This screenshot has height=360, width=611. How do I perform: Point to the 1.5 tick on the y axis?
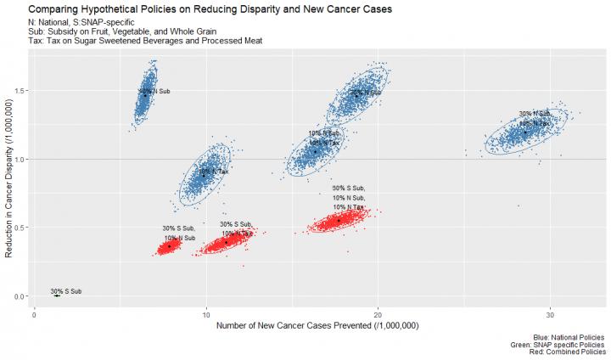(20, 91)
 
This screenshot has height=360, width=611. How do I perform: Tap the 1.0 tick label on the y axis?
(20, 159)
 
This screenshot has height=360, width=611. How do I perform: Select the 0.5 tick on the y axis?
(20, 228)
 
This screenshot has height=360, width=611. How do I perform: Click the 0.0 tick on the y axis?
(20, 296)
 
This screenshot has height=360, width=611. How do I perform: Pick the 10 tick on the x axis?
(206, 314)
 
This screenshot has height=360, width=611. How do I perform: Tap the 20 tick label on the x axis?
(378, 314)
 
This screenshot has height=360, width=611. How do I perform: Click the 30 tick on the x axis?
(551, 314)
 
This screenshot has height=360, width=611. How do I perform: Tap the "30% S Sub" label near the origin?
(66, 291)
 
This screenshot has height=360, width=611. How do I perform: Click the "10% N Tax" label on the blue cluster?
(214, 172)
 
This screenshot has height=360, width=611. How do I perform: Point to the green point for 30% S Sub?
(57, 295)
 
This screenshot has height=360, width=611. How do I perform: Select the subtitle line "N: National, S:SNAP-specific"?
(82, 21)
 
